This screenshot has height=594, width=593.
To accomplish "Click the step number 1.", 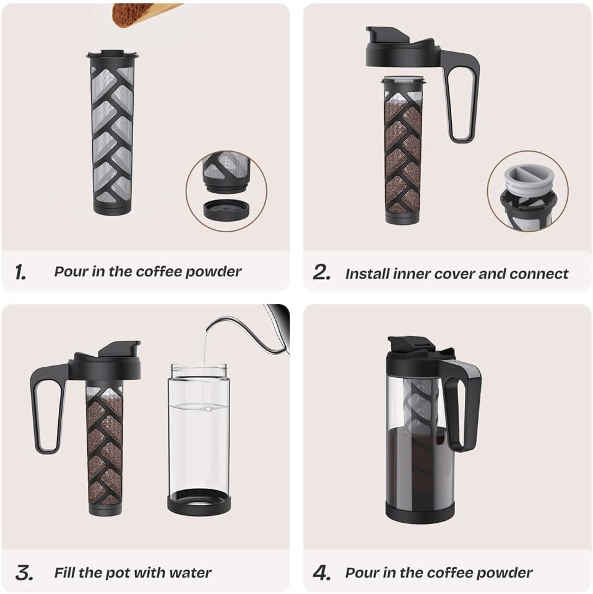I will (x=20, y=272).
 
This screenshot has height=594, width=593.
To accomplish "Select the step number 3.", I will (x=24, y=573).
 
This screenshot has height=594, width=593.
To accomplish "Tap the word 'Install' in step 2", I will (x=367, y=273).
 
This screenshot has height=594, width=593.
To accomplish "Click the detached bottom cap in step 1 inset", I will (x=226, y=209).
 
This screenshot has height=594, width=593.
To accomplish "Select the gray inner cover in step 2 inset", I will (x=527, y=180).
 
